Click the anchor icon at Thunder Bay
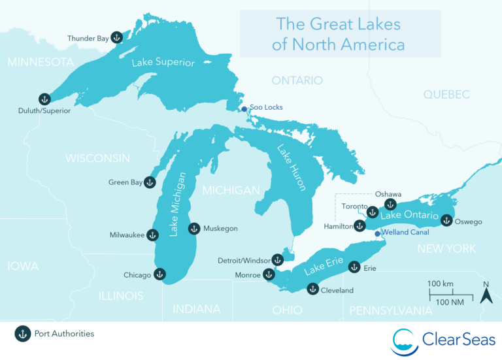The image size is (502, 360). click(116, 38)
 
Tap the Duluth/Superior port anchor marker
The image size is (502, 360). click(44, 99)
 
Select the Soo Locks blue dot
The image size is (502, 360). click(244, 109)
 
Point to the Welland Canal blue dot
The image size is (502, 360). click(376, 233)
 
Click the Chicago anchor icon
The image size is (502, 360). click(158, 274)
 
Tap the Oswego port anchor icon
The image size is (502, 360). click(446, 221)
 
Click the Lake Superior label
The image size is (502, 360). click(163, 63)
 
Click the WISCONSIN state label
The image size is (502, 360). click(97, 158)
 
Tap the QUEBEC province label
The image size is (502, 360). click(446, 95)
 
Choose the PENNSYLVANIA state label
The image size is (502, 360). click(391, 310)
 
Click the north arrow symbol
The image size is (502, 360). click(486, 293)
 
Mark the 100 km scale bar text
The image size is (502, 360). click(441, 284)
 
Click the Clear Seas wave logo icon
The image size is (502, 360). click(405, 341)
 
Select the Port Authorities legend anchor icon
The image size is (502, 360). click(22, 334)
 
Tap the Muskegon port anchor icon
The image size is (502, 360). click(194, 229)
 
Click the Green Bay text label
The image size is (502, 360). click(125, 183)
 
